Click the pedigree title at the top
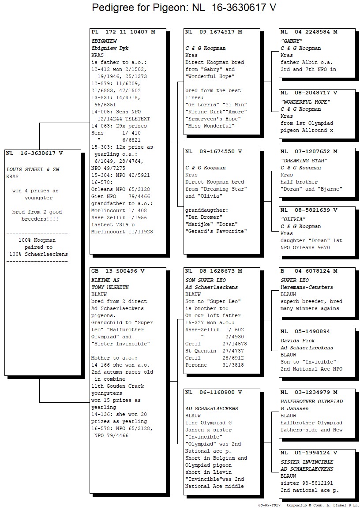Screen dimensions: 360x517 184,7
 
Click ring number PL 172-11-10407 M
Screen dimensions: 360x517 123,32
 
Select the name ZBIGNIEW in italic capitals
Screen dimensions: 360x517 104,41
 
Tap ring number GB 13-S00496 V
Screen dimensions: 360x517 118,271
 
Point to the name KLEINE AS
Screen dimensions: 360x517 105,280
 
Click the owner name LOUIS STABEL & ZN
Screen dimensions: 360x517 33,169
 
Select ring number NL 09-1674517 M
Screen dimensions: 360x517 214,32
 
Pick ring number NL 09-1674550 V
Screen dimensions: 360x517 214,152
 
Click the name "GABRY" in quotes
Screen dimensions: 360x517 292,41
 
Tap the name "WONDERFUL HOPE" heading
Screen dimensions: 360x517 306,102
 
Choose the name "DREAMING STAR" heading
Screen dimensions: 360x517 304,161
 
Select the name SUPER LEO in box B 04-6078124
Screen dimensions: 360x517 295,280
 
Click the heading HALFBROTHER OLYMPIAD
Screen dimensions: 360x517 312,401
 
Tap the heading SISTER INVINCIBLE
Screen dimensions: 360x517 307,462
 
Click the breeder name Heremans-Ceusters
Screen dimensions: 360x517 307,288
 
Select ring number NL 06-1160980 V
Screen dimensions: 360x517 214,392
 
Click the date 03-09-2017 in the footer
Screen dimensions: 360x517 270,505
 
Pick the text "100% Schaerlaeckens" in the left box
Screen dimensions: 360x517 38,254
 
